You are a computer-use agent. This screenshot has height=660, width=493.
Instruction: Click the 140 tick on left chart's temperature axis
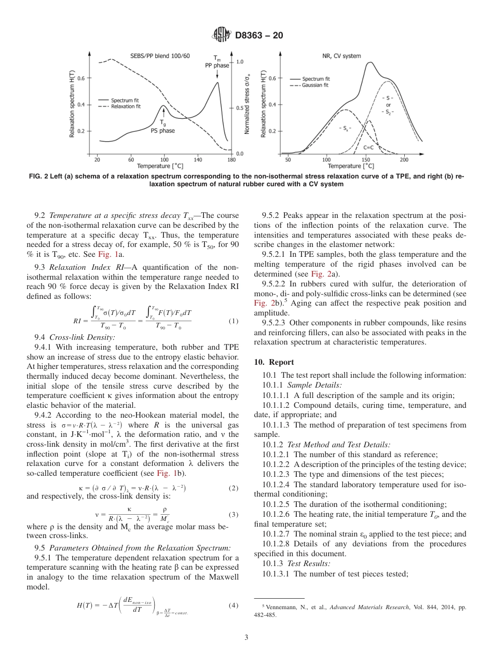(x=198, y=160)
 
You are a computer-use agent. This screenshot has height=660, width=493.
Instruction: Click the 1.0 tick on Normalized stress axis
(x=240, y=62)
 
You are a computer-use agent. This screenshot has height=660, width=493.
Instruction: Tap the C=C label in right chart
(x=369, y=148)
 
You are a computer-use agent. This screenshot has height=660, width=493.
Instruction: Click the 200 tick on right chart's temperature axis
(x=404, y=160)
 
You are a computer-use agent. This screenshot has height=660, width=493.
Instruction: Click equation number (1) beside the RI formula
(x=233, y=321)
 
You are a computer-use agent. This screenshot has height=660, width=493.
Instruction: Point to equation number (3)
(x=233, y=515)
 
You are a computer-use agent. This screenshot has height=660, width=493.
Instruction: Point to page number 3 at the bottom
(x=246, y=637)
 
